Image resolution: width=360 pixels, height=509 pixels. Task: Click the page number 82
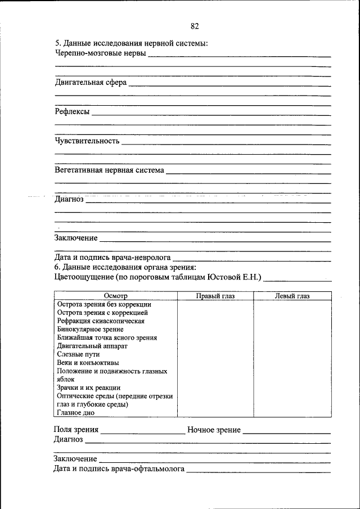point(195,26)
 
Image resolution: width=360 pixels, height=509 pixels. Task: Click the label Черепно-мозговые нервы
point(100,54)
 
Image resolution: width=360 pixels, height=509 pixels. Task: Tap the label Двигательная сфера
point(91,83)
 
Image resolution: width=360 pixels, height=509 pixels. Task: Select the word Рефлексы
point(72,112)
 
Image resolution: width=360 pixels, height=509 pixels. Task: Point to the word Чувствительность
point(87,141)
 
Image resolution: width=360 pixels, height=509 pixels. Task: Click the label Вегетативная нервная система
point(109,170)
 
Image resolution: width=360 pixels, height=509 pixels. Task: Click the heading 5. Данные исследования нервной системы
point(131,44)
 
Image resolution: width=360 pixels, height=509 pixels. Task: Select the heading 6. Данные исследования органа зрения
point(124,267)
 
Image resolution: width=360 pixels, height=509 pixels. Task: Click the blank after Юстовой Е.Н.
point(298,277)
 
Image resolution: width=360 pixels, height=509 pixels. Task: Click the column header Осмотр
point(116,296)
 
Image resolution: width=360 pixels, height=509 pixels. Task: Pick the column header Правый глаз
point(215,296)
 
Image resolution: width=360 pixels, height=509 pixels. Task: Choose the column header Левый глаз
point(292,296)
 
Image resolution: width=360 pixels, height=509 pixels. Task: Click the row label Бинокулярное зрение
point(90,329)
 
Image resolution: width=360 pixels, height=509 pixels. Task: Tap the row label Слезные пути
point(78,354)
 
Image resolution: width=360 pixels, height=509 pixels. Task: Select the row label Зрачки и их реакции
point(89,388)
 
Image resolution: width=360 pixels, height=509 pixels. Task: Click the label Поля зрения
point(76,430)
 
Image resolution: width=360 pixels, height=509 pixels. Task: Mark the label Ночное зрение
point(214,430)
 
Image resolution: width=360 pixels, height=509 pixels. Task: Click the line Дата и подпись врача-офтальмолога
point(119,468)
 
